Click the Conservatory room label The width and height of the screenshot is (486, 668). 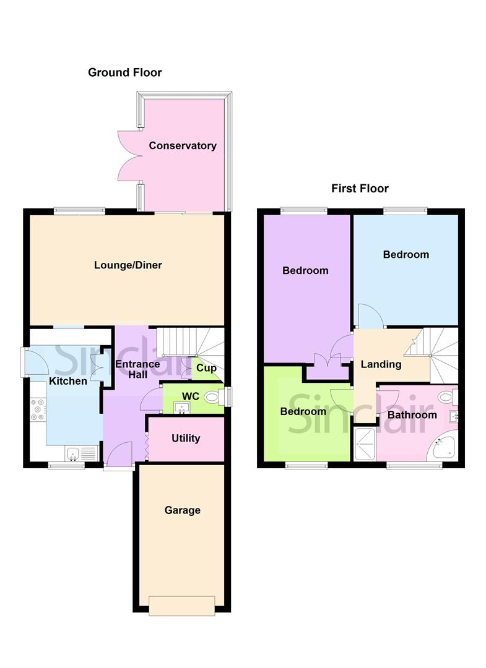click(x=182, y=146)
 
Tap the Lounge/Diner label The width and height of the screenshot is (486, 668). click(x=128, y=265)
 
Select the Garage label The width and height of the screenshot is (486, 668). click(x=182, y=510)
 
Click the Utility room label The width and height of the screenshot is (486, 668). click(x=186, y=439)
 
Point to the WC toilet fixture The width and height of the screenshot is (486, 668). click(x=212, y=396)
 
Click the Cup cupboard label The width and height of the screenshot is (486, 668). click(x=206, y=368)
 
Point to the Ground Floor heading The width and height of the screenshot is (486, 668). click(x=124, y=72)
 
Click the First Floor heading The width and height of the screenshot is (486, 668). click(x=360, y=189)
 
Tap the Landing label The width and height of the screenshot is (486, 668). click(x=381, y=364)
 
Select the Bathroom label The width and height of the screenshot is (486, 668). click(x=412, y=415)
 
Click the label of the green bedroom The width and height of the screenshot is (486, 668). click(x=303, y=412)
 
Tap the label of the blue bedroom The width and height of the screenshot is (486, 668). click(x=406, y=255)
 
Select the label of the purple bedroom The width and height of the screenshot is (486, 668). click(x=305, y=271)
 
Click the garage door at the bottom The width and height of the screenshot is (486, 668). click(x=182, y=606)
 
